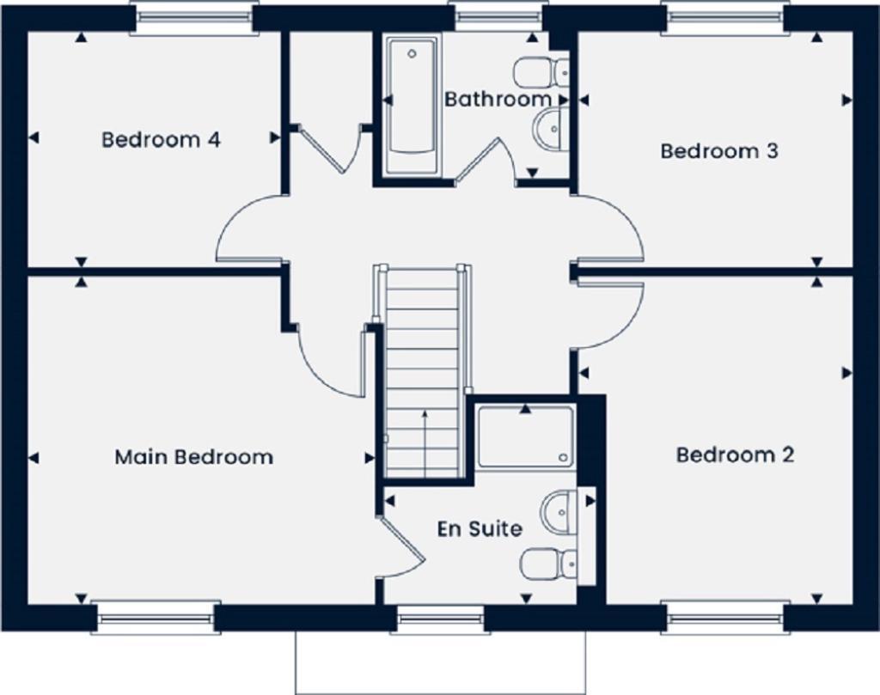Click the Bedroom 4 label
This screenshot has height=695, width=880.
pos(161,139)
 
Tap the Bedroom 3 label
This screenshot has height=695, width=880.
pos(719,151)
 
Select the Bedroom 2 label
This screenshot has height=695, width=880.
pos(735,454)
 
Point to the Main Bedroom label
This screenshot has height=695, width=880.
pos(193,456)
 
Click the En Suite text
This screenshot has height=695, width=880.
pos(479,528)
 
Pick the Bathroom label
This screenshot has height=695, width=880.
pos(497,100)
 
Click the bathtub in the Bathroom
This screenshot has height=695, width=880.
pos(412,104)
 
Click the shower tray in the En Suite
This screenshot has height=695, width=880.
pos(525,437)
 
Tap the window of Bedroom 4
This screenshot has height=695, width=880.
pos(194,17)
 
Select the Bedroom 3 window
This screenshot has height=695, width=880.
pos(724,17)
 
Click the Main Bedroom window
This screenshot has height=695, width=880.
pos(155,618)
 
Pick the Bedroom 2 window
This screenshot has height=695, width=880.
pos(724,618)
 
